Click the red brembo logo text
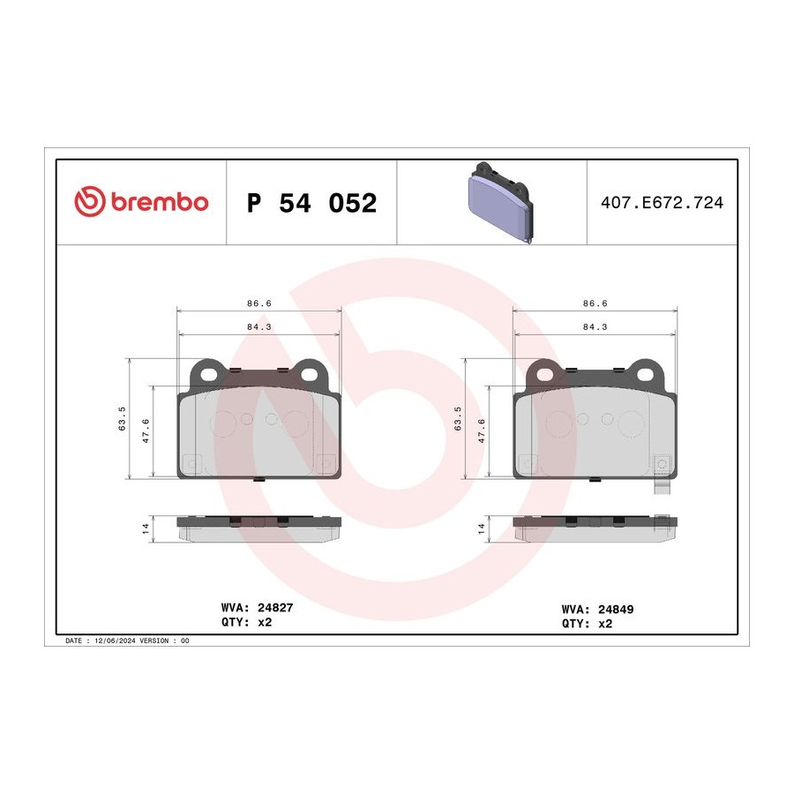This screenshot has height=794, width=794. [x=159, y=202]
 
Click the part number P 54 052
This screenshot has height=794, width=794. [x=312, y=203]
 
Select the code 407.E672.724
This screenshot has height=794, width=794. [x=662, y=203]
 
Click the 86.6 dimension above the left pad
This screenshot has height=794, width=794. [x=259, y=303]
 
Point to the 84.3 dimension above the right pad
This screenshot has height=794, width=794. [x=595, y=327]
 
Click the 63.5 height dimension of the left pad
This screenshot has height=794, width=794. [x=122, y=419]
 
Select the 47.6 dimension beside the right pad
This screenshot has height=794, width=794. [x=482, y=431]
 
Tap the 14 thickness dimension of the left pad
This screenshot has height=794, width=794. [x=146, y=528]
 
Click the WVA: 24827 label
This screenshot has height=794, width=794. [x=258, y=608]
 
